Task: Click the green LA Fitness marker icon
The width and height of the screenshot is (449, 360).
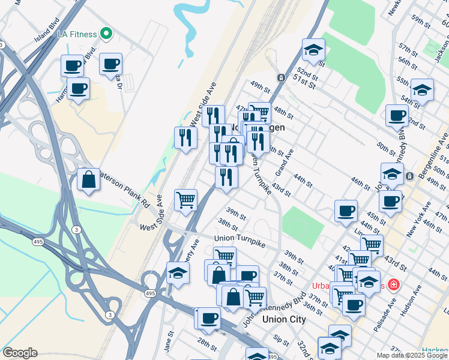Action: [x=107, y=34]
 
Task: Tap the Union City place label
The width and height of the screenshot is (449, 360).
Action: [x=284, y=319]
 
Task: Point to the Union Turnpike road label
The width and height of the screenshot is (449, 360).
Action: [x=240, y=239]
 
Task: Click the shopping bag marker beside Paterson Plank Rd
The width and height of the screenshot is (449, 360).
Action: [x=88, y=179]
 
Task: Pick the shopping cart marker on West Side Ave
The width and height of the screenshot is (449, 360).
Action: [x=186, y=200]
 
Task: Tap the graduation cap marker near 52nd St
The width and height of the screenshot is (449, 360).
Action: [x=313, y=50]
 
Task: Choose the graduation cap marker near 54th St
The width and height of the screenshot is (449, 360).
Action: [x=422, y=91]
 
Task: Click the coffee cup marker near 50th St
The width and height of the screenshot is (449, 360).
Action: [x=396, y=115]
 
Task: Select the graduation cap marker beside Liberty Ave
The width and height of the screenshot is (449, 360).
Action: [x=178, y=274]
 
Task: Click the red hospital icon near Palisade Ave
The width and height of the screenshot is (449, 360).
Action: [x=394, y=284]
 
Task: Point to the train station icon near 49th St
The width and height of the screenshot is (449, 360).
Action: [x=280, y=78]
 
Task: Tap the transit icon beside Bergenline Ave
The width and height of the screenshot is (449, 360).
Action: [x=409, y=176]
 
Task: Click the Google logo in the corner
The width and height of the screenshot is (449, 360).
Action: [x=20, y=353]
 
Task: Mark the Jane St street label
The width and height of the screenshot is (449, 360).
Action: [x=169, y=344]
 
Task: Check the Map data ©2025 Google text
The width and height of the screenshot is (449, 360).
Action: [x=412, y=355]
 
